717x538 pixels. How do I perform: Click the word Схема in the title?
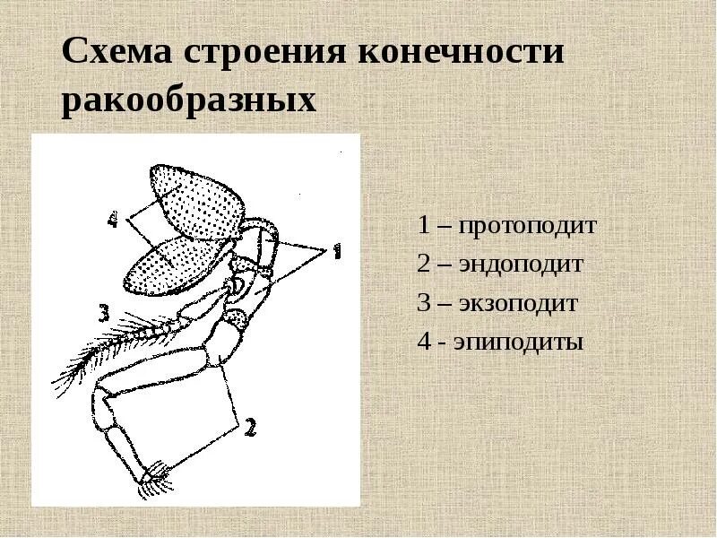pyautogui.click(x=117, y=51)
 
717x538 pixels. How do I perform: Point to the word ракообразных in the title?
pyautogui.click(x=189, y=100)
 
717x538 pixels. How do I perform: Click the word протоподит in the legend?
pyautogui.click(x=528, y=225)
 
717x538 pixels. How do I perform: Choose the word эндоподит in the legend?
pyautogui.click(x=522, y=265)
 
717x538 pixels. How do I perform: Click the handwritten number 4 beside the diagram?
pyautogui.click(x=112, y=220)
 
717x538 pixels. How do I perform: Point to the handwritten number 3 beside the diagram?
pyautogui.click(x=103, y=313)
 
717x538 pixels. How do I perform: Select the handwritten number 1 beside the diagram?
pyautogui.click(x=337, y=253)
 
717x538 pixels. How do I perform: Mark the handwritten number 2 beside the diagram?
pyautogui.click(x=250, y=429)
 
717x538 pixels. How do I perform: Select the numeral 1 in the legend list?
pyautogui.click(x=423, y=225)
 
